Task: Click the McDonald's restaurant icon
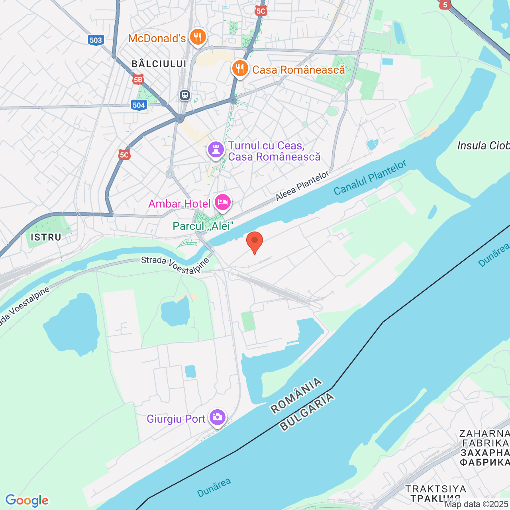click(x=197, y=37)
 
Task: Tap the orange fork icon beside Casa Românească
click(x=240, y=69)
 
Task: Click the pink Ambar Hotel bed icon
click(x=222, y=203)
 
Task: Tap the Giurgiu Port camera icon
click(x=218, y=418)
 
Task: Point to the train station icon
click(x=184, y=95)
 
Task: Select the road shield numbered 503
click(x=96, y=40)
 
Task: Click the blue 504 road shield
click(x=139, y=105)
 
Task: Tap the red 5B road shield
click(x=138, y=80)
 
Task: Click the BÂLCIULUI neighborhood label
click(x=159, y=64)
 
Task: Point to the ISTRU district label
click(x=46, y=237)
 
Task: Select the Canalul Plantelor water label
click(x=370, y=178)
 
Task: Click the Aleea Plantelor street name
click(x=302, y=186)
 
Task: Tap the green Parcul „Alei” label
click(x=202, y=226)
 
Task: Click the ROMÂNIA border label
click(x=296, y=395)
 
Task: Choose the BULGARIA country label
click(x=307, y=412)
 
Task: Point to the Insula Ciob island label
click(x=483, y=145)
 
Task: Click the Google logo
click(x=27, y=500)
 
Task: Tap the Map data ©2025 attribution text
click(x=477, y=504)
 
